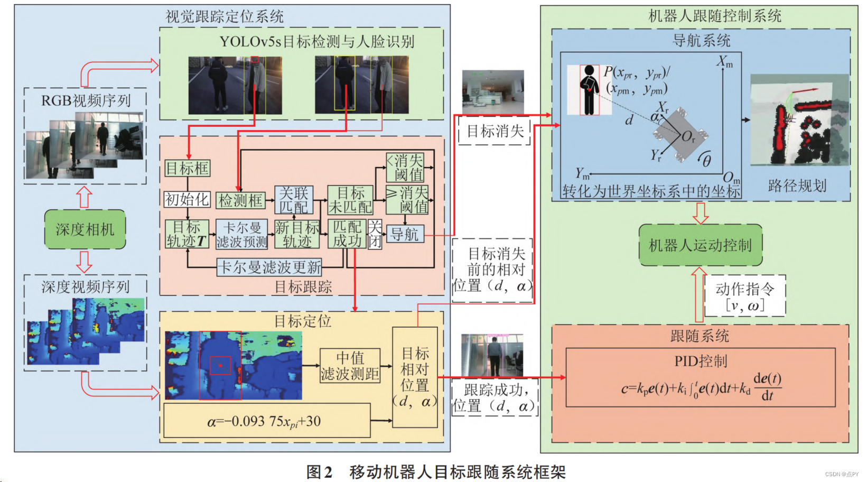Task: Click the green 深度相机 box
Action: click(x=85, y=229)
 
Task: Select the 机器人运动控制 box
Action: click(x=700, y=245)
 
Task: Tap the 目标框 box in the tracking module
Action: click(x=187, y=169)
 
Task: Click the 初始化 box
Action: click(x=187, y=199)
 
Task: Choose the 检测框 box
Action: click(x=240, y=200)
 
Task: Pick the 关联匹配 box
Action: click(x=293, y=200)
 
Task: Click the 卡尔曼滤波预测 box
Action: click(x=241, y=235)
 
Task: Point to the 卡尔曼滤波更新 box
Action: click(x=269, y=267)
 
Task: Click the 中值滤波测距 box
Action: click(x=350, y=366)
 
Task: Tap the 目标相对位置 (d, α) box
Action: click(x=415, y=377)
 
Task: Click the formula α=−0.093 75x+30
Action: click(x=266, y=421)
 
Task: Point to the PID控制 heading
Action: click(x=701, y=361)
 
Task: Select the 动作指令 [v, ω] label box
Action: click(x=745, y=296)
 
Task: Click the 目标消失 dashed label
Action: click(x=495, y=131)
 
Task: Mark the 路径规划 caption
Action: click(x=797, y=186)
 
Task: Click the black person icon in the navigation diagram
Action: click(x=589, y=90)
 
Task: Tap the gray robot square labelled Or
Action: click(x=682, y=136)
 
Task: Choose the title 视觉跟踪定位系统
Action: click(x=225, y=16)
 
